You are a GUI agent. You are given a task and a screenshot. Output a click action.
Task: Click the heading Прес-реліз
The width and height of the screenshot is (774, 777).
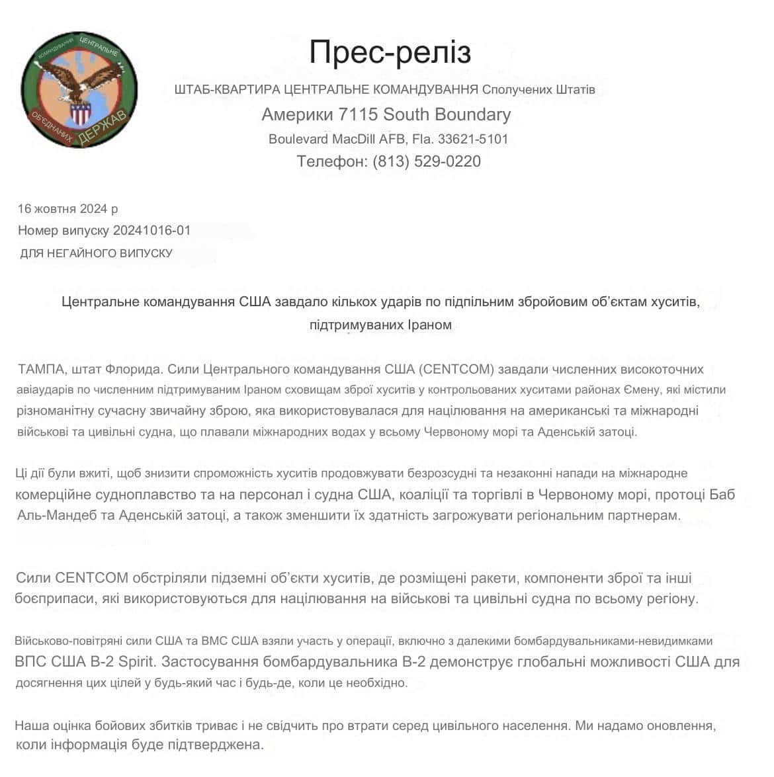(390, 52)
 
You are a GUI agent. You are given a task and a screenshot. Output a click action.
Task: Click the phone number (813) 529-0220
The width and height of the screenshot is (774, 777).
(427, 161)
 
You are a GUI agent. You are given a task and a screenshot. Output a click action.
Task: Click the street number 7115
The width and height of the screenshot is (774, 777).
(358, 114)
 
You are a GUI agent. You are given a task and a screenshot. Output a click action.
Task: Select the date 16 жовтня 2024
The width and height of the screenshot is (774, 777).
(62, 209)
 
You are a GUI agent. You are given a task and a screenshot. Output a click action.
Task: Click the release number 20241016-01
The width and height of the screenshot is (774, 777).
(151, 231)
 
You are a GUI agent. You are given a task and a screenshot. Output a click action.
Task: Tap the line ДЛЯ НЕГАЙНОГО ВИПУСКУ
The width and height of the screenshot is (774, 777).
(96, 253)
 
